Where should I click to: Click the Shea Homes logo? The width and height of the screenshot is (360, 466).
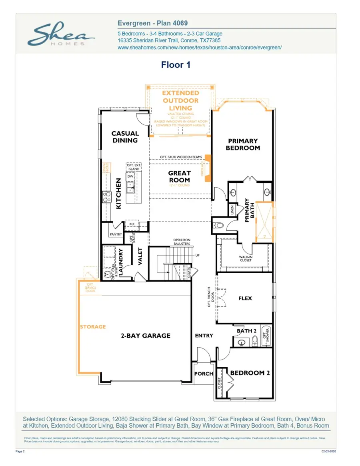tap(56, 35)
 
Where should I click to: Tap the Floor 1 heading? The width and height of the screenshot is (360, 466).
tap(176, 65)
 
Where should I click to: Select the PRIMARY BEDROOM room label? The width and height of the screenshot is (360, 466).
tap(243, 144)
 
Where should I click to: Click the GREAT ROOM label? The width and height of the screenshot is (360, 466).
tap(179, 176)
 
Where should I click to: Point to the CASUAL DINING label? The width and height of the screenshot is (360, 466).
tap(125, 137)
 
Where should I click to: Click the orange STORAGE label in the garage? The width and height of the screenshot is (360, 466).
tap(92, 327)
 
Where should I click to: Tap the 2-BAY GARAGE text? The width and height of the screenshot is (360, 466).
tap(146, 336)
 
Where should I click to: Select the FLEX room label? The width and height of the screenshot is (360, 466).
tap(245, 298)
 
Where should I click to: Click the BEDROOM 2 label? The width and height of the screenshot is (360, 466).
tap(250, 373)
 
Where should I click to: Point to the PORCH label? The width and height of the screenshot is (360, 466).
tap(204, 374)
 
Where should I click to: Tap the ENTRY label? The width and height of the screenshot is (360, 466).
tap(204, 336)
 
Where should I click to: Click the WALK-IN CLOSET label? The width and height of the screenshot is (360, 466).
tap(246, 258)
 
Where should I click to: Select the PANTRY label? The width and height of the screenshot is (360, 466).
tap(116, 234)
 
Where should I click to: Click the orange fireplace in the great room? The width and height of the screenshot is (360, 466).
tap(208, 168)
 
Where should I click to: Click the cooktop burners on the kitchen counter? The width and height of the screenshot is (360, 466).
tap(107, 196)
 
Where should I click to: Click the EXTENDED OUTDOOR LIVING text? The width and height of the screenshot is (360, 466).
tap(180, 100)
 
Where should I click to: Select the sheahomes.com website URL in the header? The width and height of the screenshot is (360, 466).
tap(200, 47)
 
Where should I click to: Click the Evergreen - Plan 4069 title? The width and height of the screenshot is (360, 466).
tap(152, 24)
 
